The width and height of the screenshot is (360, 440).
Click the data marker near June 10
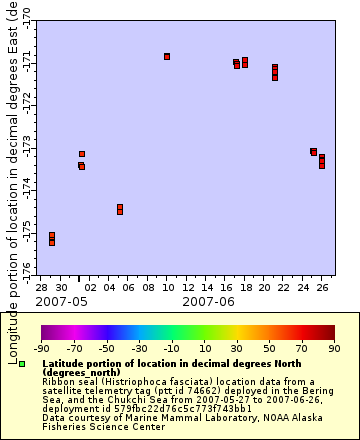[167, 56]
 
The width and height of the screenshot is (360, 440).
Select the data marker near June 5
[120, 209]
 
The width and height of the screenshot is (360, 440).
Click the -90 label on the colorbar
[42, 348]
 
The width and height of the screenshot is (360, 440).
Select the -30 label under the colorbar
[140, 348]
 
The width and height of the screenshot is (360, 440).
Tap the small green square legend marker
[21, 363]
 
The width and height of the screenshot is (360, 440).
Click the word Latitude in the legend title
[64, 364]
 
